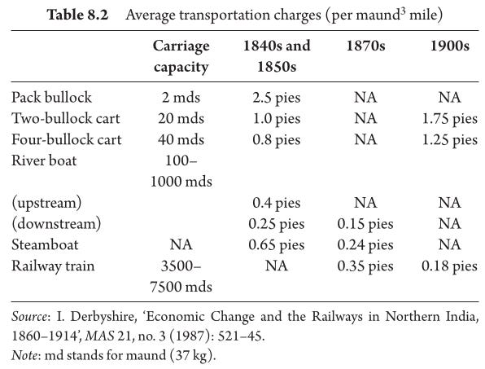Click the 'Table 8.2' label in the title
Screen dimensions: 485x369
pyautogui.click(x=77, y=15)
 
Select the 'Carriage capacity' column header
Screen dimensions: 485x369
pyautogui.click(x=181, y=56)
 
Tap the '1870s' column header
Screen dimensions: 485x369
pyautogui.click(x=365, y=46)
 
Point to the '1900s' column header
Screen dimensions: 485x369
pyautogui.click(x=450, y=46)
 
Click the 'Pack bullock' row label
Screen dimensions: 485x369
pyautogui.click(x=51, y=97)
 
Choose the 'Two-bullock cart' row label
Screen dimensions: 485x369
pyautogui.click(x=66, y=118)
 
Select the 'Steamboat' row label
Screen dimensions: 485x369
pyautogui.click(x=45, y=244)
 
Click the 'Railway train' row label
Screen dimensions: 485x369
pyautogui.click(x=53, y=266)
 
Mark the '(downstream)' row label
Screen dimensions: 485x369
pyautogui.click(x=56, y=224)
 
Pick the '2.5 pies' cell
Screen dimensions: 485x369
pyautogui.click(x=277, y=98)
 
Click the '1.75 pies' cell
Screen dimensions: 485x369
pyautogui.click(x=450, y=119)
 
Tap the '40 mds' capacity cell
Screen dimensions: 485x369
pyautogui.click(x=181, y=139)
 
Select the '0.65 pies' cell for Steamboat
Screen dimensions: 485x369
pyautogui.click(x=277, y=245)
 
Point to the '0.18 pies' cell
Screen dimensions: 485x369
pyautogui.click(x=450, y=266)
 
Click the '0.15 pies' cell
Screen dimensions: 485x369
pyautogui.click(x=365, y=224)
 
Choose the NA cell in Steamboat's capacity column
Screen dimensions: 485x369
pyautogui.click(x=181, y=244)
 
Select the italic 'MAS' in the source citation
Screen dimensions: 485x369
pyautogui.click(x=99, y=336)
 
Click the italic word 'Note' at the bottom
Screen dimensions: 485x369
pyautogui.click(x=24, y=355)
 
